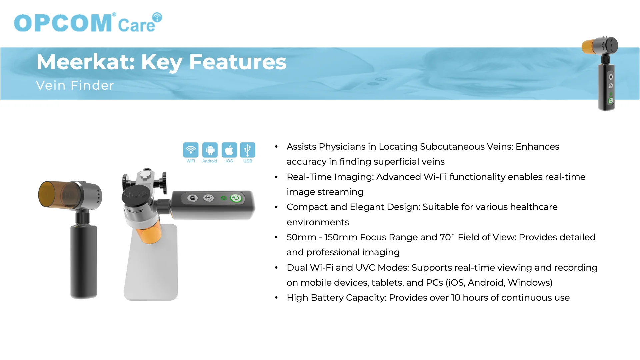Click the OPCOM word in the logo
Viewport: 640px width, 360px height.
pos(63,23)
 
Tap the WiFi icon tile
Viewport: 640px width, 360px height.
pos(191,150)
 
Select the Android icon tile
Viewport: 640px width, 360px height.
pos(210,150)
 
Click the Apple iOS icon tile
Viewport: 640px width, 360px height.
pos(229,150)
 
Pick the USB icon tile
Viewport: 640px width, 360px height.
pos(248,150)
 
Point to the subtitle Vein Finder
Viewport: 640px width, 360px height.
pos(75,85)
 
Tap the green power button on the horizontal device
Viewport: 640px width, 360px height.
pos(236,198)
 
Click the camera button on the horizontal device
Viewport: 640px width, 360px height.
pos(192,198)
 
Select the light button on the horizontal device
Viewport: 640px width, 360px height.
pos(209,198)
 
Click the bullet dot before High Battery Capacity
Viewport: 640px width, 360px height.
pos(276,298)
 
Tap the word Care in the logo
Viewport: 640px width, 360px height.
pos(137,25)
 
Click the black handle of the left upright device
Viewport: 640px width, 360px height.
pos(83,262)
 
